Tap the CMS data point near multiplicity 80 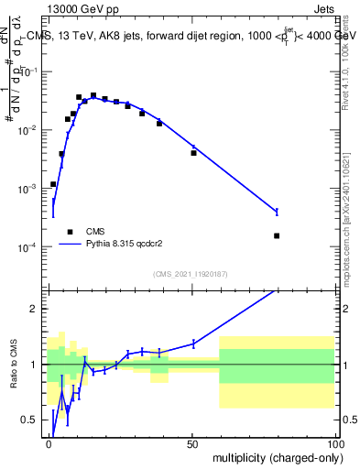(x=277, y=235)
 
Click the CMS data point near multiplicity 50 (x=193, y=153)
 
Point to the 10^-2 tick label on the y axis (x=31, y=130)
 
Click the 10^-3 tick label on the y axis (x=31, y=189)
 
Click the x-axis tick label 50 (x=193, y=443)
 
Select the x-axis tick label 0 (x=49, y=443)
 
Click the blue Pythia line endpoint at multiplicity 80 (x=277, y=212)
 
